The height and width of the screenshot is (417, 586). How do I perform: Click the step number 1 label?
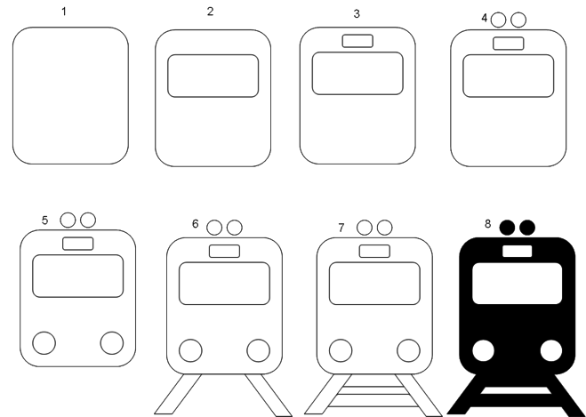click(x=64, y=12)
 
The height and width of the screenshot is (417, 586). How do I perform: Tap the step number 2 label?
click(x=210, y=12)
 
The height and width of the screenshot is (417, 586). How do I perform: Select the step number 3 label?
click(x=357, y=14)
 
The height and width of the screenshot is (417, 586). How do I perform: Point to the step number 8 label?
click(x=487, y=224)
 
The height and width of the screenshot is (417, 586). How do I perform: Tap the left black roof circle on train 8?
click(x=507, y=228)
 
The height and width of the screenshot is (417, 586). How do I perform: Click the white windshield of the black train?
click(x=518, y=284)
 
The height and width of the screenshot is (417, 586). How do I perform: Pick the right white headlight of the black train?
click(x=551, y=350)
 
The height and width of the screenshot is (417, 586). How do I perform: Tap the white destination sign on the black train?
click(x=518, y=251)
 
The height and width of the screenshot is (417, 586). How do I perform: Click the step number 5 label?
click(x=44, y=221)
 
